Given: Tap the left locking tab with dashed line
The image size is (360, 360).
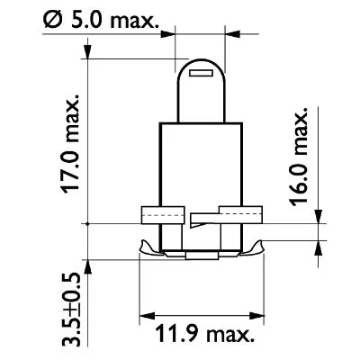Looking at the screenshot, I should [x=158, y=216].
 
